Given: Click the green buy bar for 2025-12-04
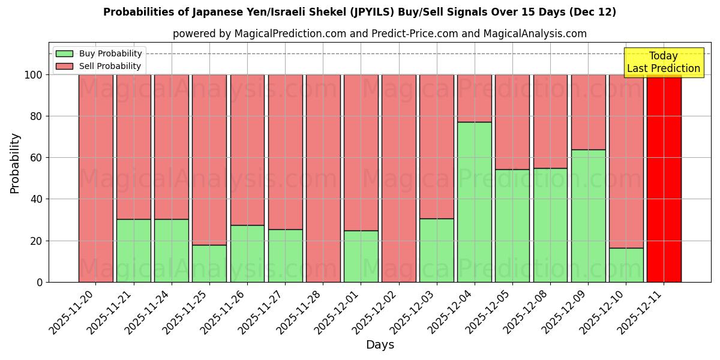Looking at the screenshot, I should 474,202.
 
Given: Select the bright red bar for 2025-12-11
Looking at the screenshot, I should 664,178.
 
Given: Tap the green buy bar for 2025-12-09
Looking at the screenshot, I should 588,215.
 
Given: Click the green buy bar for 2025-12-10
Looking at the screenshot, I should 626,265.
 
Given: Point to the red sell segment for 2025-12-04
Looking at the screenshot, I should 474,98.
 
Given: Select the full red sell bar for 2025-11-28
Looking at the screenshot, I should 323,178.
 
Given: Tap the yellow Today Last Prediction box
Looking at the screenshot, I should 664,62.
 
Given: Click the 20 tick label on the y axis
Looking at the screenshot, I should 35,241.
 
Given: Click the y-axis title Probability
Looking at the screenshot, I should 15,163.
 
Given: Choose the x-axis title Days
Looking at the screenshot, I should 380,345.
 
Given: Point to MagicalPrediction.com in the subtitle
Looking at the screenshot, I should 289,34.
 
